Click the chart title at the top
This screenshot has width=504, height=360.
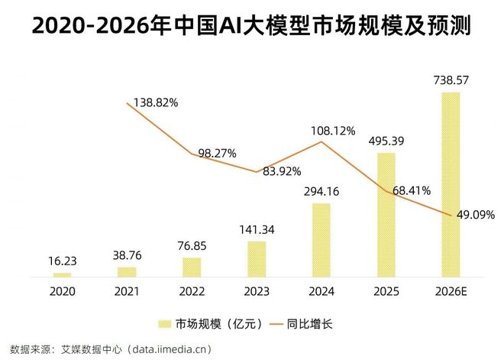tap(252, 27)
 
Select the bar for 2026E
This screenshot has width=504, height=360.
tap(451, 183)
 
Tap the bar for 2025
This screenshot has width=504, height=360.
tap(386, 214)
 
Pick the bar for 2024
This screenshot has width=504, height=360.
tap(321, 239)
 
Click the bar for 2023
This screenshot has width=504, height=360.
tap(257, 258)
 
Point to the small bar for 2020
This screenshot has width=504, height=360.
tap(62, 274)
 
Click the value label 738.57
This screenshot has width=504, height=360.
tap(451, 79)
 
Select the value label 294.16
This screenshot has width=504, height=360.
tap(321, 191)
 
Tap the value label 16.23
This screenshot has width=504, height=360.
tap(62, 261)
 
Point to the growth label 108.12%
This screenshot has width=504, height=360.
tap(333, 131)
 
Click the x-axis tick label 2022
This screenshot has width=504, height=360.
tap(192, 290)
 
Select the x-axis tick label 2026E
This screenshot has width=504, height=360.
tap(451, 290)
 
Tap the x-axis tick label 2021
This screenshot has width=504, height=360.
tap(127, 290)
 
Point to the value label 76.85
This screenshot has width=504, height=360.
tap(192, 245)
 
